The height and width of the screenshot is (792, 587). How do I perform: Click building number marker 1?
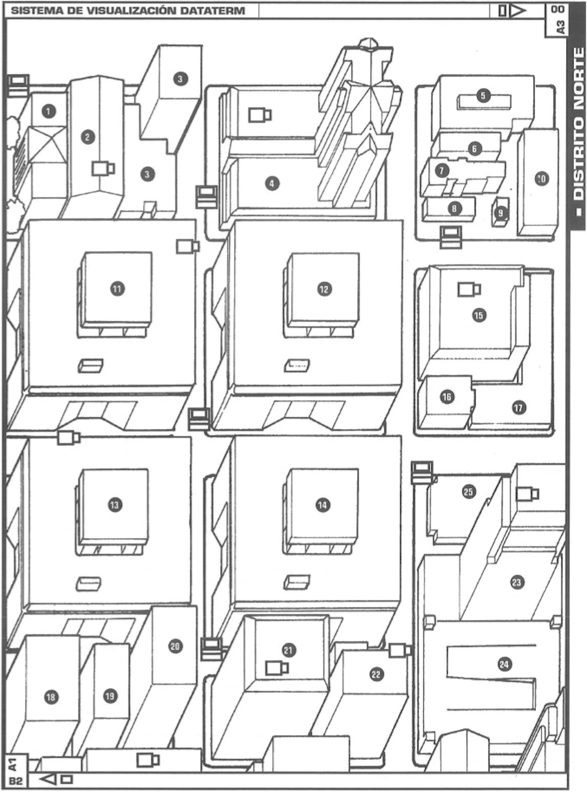tap(49, 110)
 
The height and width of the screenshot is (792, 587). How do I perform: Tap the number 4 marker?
tap(271, 184)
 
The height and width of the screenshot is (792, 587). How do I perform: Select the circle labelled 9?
tap(500, 213)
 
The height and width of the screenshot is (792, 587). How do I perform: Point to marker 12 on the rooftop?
tap(324, 289)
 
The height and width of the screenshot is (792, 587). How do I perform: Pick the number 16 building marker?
tap(447, 397)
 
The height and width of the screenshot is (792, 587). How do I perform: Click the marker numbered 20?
tap(175, 647)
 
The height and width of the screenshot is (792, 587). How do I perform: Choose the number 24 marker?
tap(504, 664)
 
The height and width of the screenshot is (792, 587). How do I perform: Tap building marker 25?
tap(468, 492)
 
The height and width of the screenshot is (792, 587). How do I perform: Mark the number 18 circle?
tap(51, 697)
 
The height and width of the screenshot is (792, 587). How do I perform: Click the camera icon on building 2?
tap(103, 168)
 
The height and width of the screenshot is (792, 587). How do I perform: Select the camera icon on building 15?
tap(469, 289)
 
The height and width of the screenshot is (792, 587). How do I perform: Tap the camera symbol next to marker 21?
tap(276, 668)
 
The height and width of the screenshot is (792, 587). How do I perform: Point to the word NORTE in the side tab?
tap(578, 82)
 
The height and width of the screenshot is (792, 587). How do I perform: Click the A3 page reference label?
tap(560, 26)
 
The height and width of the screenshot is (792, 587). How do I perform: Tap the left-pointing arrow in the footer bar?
tap(49, 780)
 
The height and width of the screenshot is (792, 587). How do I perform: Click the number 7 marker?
tap(442, 170)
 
